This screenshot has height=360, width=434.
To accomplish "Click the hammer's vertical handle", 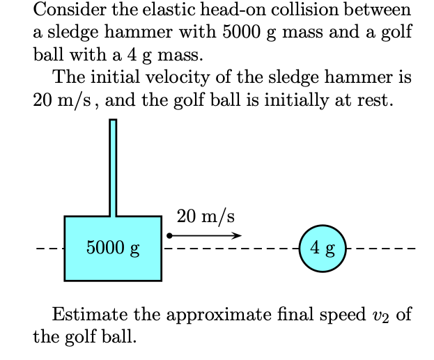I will pyautogui.click(x=113, y=167).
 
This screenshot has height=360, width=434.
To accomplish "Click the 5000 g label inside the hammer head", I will pyautogui.click(x=113, y=248).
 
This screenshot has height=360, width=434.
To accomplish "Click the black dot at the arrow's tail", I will pyautogui.click(x=169, y=235).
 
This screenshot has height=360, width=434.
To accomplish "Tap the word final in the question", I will pyautogui.click(x=300, y=314).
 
